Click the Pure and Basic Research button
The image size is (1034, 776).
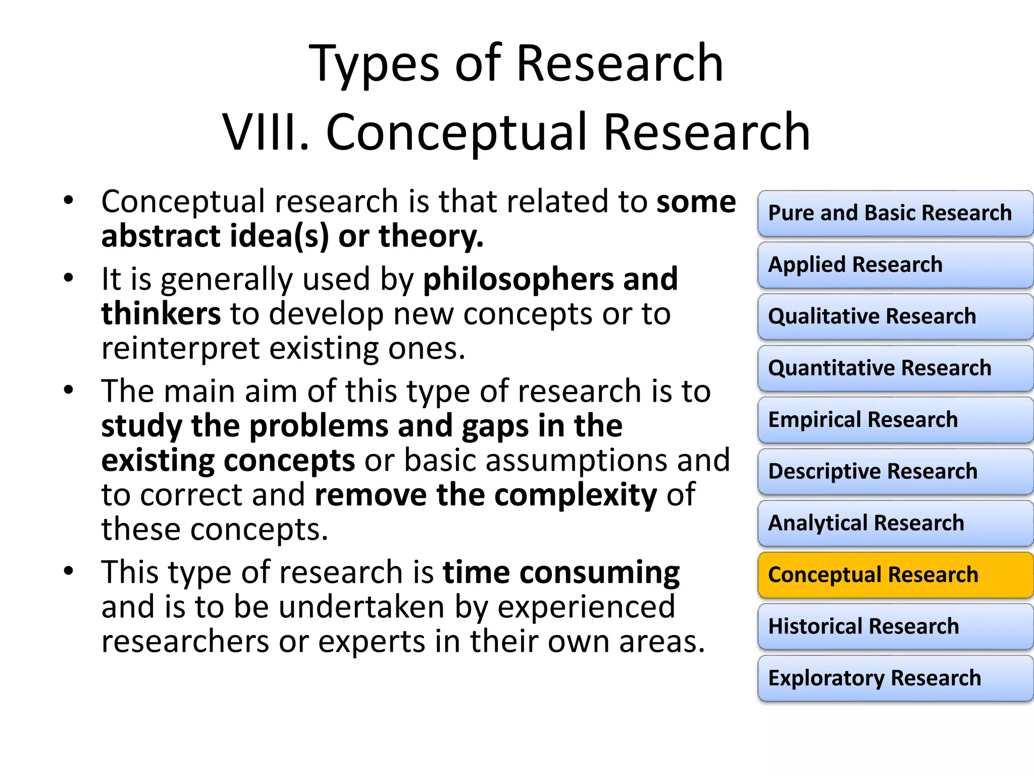click(895, 213)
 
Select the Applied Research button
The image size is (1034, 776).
click(895, 265)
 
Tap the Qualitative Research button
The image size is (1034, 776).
click(895, 317)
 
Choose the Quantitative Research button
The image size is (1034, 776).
click(895, 368)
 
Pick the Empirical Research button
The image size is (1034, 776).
click(895, 420)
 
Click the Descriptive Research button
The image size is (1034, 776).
click(895, 471)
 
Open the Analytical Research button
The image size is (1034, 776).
click(895, 523)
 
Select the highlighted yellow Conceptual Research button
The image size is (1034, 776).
click(895, 575)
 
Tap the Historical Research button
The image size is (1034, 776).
click(895, 626)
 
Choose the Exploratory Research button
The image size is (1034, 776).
click(895, 678)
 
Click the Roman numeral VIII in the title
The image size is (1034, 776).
click(266, 132)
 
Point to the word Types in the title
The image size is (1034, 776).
click(374, 65)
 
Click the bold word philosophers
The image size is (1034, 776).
click(518, 279)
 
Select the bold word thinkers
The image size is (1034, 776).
click(161, 314)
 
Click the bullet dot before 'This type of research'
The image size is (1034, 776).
click(69, 571)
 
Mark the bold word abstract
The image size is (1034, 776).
click(161, 236)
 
